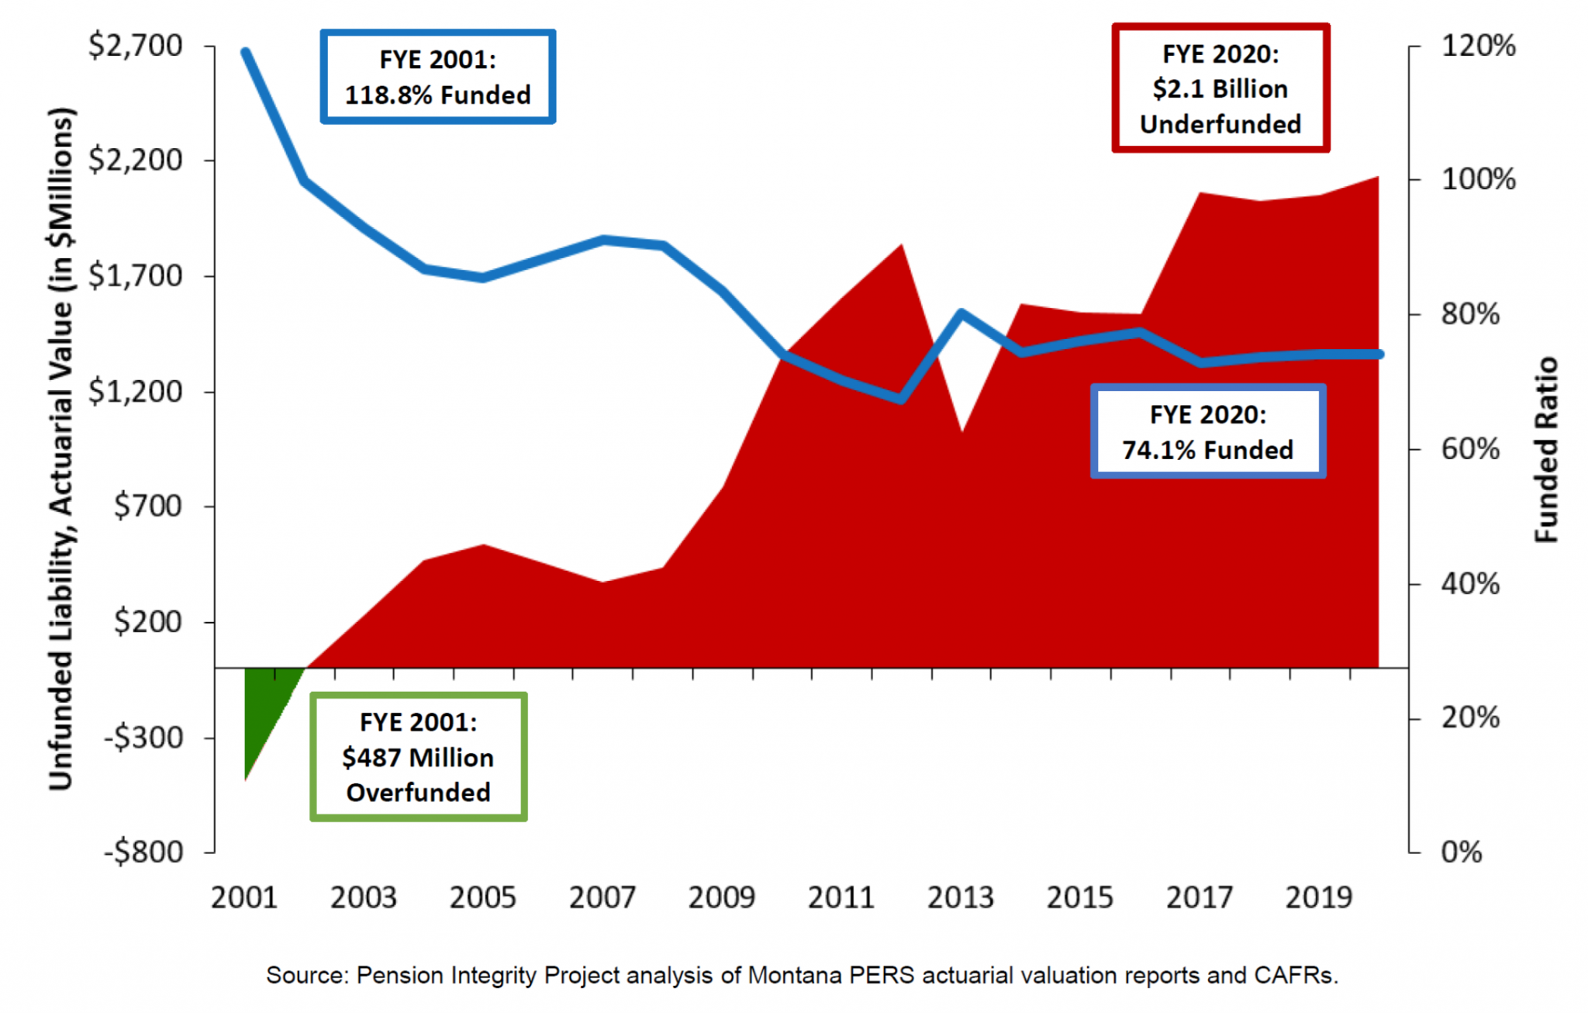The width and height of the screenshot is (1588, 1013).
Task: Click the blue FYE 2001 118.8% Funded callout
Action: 437,77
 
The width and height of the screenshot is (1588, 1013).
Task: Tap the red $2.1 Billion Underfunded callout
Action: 1220,88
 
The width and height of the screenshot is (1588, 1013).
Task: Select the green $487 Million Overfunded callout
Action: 418,757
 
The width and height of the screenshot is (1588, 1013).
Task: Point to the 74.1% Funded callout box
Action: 1207,432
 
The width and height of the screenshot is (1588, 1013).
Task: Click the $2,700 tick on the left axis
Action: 135,46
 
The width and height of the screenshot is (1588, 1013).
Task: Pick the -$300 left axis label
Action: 143,737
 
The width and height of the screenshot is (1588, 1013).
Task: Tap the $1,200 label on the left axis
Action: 135,391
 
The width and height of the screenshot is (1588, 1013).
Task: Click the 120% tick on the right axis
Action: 1477,46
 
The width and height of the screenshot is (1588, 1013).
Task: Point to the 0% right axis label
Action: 1461,852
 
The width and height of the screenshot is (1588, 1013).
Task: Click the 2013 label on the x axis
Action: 960,897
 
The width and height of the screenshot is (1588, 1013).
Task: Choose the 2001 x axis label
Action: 244,897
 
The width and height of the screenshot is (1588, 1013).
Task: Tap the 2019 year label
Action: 1318,897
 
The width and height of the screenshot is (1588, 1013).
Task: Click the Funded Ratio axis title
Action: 1547,450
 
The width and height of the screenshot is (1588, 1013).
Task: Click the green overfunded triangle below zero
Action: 264,706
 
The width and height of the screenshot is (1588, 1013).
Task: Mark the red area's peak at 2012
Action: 901,247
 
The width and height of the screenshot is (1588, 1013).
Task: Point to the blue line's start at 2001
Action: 246,53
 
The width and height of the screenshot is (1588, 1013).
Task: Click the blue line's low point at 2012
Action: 901,399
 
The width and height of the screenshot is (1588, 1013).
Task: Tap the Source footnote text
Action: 802,975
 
